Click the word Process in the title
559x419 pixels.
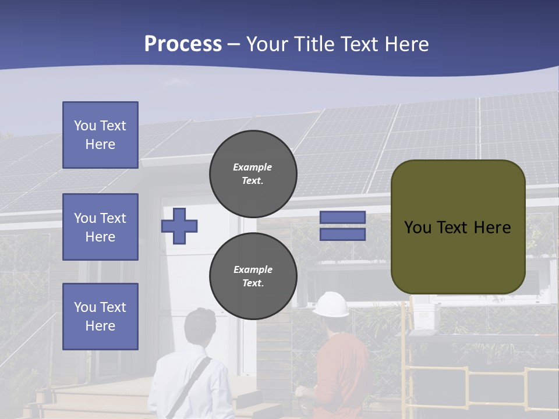click(183, 44)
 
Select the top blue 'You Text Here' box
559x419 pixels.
click(100, 135)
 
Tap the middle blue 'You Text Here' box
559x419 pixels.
click(100, 227)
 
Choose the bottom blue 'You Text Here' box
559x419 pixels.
click(100, 317)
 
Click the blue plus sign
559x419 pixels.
click(179, 226)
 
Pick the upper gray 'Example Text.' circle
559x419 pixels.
click(253, 173)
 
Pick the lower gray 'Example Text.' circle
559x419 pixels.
click(253, 276)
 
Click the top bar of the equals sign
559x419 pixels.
click(342, 218)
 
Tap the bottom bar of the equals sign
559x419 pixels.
click(342, 235)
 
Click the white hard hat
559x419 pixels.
click(331, 304)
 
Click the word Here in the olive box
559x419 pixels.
click(491, 228)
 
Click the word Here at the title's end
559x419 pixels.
click(406, 44)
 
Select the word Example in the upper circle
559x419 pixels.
click(253, 167)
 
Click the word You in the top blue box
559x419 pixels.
click(85, 126)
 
